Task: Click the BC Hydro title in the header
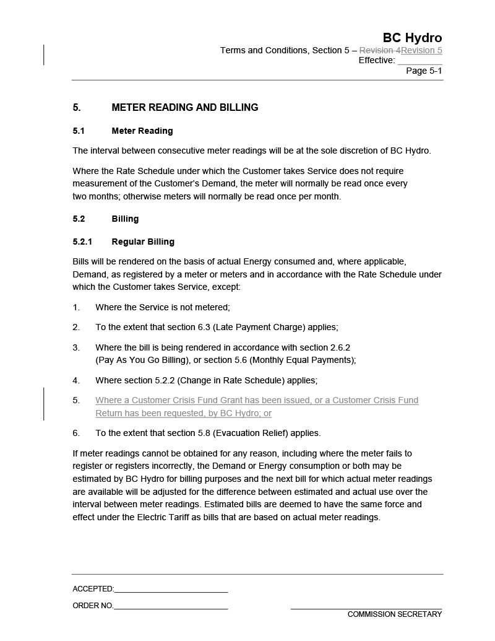(x=412, y=38)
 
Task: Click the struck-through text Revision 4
(x=380, y=50)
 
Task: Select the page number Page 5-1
(x=424, y=71)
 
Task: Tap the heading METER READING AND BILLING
(x=184, y=107)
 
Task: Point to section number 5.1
(x=79, y=131)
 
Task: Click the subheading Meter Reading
(x=142, y=131)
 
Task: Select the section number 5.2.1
(x=82, y=242)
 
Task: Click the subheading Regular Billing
(x=143, y=242)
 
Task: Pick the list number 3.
(x=76, y=347)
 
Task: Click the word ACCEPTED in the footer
(x=93, y=589)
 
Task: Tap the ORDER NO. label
(x=93, y=606)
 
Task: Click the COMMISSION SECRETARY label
(x=395, y=614)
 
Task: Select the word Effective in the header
(x=376, y=60)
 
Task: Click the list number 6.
(x=76, y=433)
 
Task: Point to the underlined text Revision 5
(x=422, y=50)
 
